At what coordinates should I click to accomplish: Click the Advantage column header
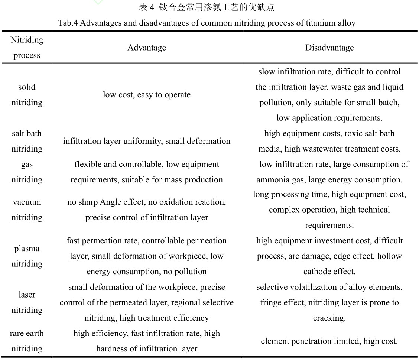[147, 48]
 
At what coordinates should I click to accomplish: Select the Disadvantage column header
[329, 48]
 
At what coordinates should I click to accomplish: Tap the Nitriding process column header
[27, 48]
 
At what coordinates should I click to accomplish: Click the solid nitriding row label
[27, 95]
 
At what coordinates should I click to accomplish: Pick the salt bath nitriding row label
[27, 141]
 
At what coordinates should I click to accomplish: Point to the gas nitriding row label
[27, 172]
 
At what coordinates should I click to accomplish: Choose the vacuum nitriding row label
[27, 210]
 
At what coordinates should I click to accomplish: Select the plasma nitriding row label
[27, 256]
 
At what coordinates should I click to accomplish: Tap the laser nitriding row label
[27, 302]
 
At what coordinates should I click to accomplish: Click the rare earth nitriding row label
[27, 341]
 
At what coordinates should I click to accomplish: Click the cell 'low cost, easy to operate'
[147, 95]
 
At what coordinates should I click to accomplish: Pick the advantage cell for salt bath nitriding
[147, 141]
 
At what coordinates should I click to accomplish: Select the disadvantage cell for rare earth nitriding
[329, 341]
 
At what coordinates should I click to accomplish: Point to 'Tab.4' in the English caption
[68, 23]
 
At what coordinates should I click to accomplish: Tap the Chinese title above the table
[207, 7]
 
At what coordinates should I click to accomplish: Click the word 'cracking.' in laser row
[329, 318]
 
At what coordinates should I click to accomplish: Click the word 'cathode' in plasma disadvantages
[316, 272]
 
